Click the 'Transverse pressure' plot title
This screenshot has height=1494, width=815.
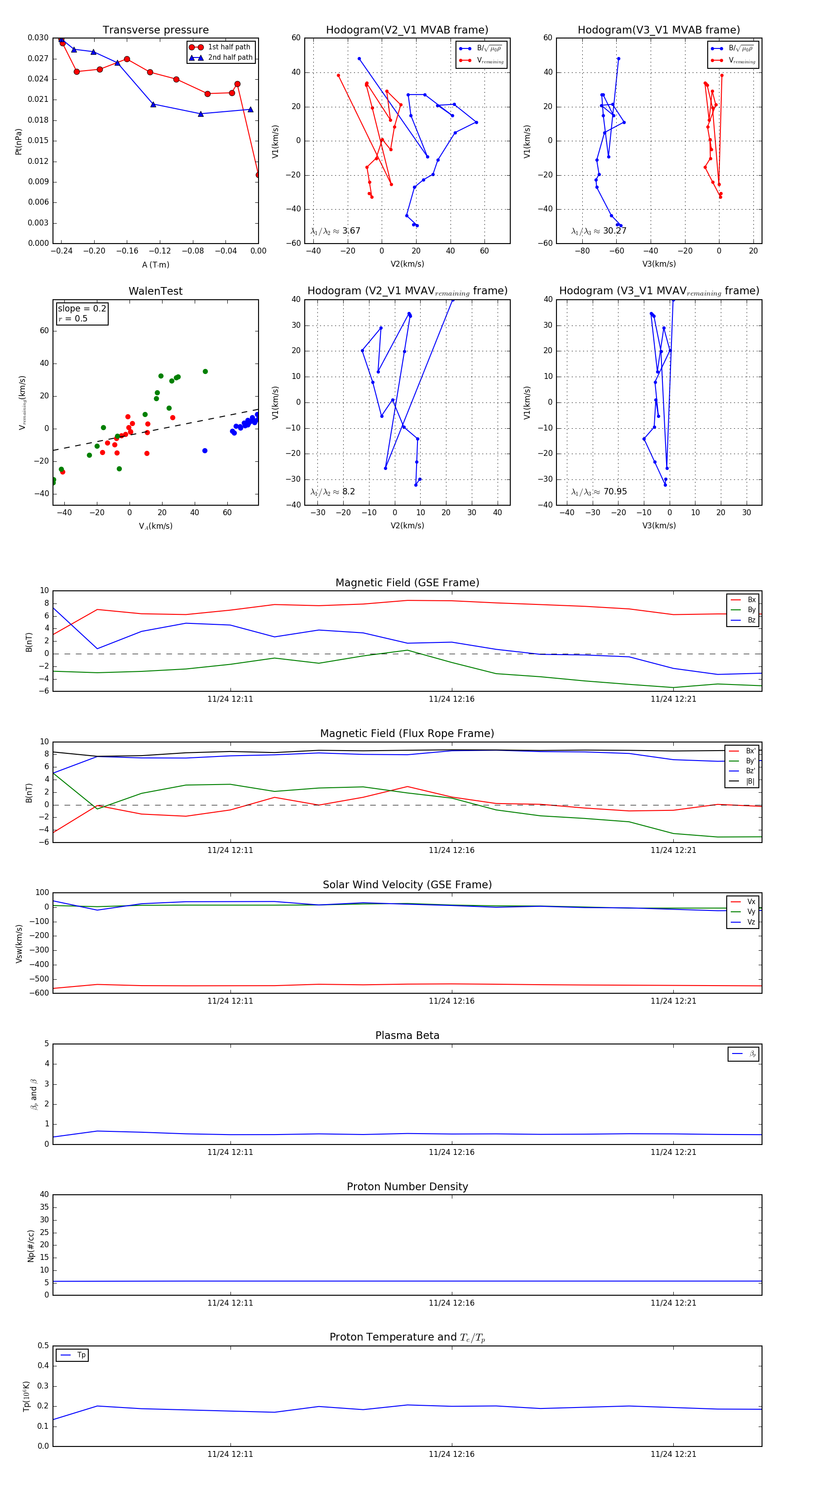[155, 30]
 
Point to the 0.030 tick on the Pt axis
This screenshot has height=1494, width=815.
[38, 38]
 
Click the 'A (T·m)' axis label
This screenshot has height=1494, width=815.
[155, 264]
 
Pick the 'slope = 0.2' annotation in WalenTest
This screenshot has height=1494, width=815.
[82, 309]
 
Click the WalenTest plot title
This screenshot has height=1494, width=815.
[155, 291]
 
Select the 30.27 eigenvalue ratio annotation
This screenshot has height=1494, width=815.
[614, 231]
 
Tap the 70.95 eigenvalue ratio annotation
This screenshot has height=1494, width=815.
[615, 492]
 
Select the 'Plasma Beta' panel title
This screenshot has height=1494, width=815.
[407, 1035]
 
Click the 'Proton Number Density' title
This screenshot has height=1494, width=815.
[407, 1187]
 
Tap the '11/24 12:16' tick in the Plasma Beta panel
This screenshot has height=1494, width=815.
[451, 1152]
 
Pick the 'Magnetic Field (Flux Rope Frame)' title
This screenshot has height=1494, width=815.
[407, 734]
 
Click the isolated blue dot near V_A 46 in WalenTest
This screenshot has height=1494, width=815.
[205, 450]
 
